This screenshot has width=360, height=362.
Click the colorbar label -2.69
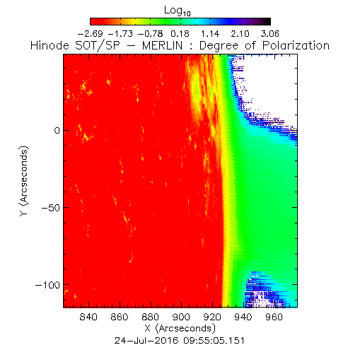click(91, 34)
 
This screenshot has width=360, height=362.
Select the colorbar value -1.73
click(120, 34)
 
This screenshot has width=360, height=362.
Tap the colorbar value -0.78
click(150, 34)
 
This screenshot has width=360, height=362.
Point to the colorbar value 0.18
click(180, 34)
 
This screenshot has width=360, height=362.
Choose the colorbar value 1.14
click(210, 34)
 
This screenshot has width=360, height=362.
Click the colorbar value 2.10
click(240, 34)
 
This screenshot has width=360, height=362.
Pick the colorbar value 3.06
click(270, 34)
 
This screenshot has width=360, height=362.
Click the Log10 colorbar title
click(178, 11)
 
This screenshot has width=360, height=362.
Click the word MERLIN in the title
click(162, 45)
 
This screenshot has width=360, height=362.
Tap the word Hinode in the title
click(50, 45)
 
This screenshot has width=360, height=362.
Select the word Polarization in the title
click(296, 45)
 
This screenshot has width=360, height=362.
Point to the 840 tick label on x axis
click(88, 317)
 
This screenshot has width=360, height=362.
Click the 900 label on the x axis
click(181, 317)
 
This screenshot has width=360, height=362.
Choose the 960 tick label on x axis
click(274, 317)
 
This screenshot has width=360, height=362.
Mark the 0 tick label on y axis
click(57, 130)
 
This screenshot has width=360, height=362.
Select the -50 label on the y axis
click(51, 208)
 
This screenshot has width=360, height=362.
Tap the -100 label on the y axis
click(47, 285)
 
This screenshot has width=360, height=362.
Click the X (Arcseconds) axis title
click(180, 328)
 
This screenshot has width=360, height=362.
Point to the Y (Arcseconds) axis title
click(24, 181)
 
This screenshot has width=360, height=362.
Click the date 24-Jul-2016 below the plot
click(146, 341)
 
